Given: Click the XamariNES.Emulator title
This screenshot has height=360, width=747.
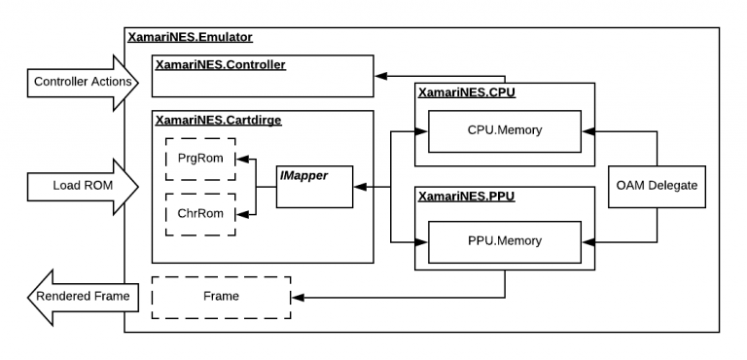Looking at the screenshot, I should click(190, 37).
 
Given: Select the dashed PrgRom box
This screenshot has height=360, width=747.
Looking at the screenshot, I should click(200, 158).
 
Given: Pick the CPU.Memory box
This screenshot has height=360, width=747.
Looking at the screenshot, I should click(504, 130).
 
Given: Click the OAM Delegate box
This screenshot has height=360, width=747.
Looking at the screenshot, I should click(658, 185).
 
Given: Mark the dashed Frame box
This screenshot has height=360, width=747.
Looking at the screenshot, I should click(221, 297).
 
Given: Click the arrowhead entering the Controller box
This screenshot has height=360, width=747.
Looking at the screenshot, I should click(382, 75).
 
